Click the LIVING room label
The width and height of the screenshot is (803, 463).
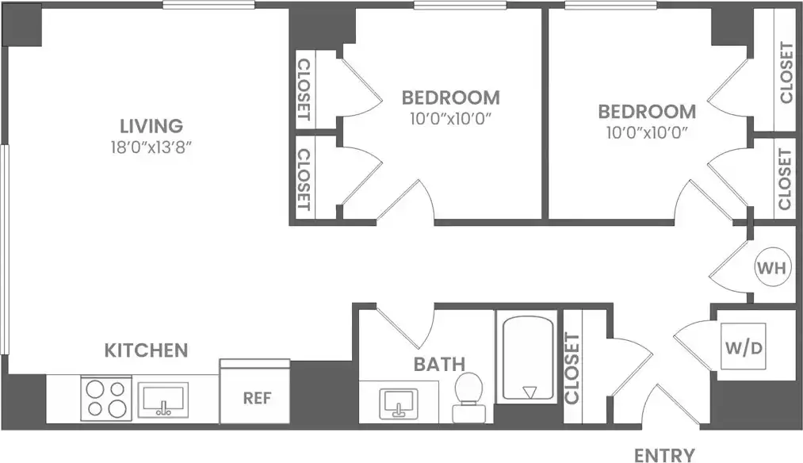point(151,125)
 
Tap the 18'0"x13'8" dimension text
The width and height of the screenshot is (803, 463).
point(152,147)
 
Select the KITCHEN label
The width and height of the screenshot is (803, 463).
point(147,350)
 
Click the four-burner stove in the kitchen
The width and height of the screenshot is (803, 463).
point(105,398)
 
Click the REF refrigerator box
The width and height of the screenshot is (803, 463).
point(255,397)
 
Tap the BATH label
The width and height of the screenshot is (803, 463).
point(438,365)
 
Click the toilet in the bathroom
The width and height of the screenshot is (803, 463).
point(468,396)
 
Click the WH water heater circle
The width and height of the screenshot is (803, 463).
point(770,268)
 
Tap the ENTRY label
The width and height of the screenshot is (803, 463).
point(664,454)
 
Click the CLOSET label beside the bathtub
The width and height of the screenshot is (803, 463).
point(572,367)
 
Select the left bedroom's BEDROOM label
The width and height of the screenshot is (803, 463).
point(450,98)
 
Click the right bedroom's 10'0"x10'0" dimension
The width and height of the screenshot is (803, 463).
point(647,132)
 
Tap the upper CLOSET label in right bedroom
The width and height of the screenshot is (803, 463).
point(785,73)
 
